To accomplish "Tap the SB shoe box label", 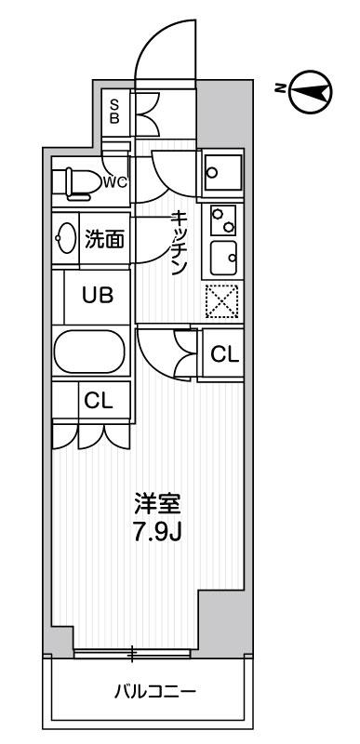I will click(115, 111).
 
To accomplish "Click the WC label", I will click(115, 181).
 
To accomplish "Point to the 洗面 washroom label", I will click(104, 240).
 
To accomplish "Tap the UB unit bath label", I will click(97, 296).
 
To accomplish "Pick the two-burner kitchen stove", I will click(222, 220).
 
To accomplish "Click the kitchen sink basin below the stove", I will click(222, 254).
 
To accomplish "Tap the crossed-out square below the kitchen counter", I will click(222, 299).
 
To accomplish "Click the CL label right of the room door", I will click(224, 353).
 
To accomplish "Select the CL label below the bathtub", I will click(98, 401).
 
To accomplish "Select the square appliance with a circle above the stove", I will click(222, 171).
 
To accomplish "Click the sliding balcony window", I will click(132, 654).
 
